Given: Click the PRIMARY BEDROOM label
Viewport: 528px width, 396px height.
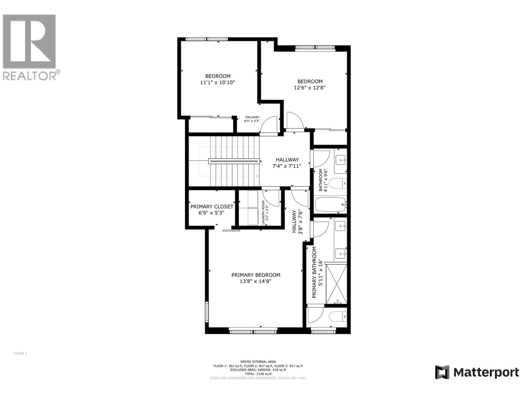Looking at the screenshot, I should pos(256,275).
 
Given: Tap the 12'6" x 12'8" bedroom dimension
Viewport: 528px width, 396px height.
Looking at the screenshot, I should pos(310,88).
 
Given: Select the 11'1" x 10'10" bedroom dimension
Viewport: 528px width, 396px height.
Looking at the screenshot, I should pos(217,82).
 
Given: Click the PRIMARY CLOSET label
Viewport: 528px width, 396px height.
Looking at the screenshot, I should pos(212,207).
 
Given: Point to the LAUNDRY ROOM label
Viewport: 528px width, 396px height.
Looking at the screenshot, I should pos(263,213).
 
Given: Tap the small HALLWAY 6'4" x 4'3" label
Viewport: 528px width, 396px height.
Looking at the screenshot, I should pos(252,119).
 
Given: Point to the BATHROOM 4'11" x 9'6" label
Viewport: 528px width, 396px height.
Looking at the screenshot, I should pos(323,180).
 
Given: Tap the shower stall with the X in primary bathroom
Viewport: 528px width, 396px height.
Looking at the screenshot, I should pos(336,283).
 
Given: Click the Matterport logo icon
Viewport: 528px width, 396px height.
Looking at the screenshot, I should pos(442,372).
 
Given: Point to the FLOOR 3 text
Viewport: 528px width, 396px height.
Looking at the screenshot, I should pos(20,353).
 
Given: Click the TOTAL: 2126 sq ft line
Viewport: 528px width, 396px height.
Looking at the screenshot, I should pos(258,374).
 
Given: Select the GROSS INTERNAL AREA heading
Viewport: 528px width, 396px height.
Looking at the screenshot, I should pos(258,362).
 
